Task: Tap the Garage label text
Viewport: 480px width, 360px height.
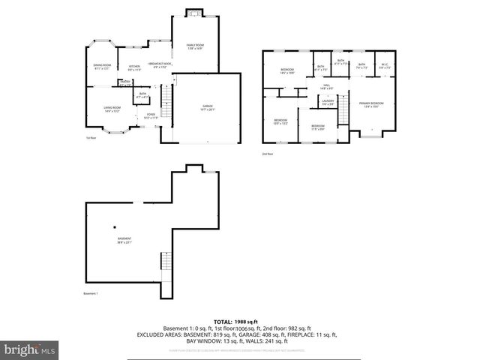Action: pos(208,107)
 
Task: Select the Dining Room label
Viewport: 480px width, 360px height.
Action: pos(102,67)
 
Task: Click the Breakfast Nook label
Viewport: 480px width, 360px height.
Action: pos(160,65)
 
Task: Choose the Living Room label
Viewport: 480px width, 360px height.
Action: pos(112,109)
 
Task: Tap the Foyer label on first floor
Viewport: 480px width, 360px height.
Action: pos(151,115)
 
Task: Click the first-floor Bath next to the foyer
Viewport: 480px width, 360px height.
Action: pos(142,95)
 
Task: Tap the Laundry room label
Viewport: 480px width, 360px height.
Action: pos(328,102)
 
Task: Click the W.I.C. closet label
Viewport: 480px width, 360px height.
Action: pos(384,66)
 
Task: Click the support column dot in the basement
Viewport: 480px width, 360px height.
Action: pos(115,226)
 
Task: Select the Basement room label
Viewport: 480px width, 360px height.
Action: pos(124,241)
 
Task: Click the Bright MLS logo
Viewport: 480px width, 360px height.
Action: pos(30,349)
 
